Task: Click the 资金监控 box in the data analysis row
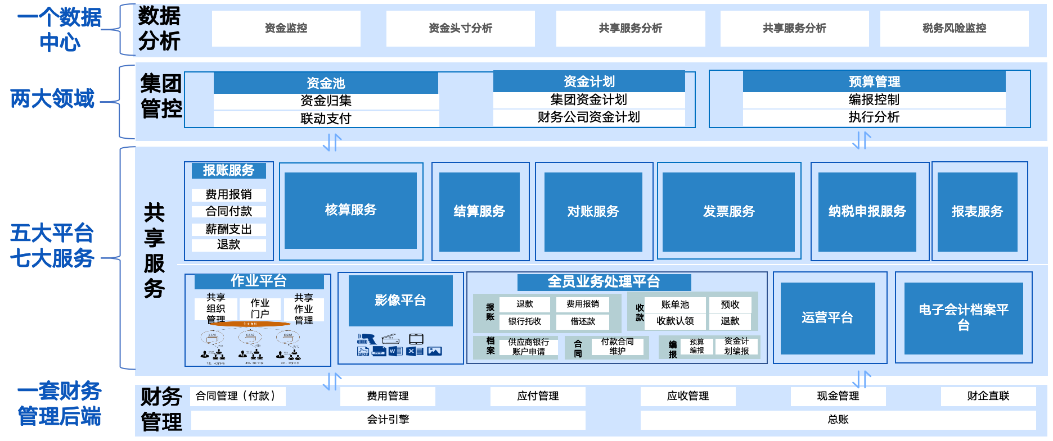(286, 28)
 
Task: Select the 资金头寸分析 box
(460, 28)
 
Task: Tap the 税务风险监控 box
(954, 28)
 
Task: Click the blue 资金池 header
(325, 83)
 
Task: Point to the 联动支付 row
(325, 119)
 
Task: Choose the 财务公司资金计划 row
(588, 117)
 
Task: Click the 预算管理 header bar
(874, 82)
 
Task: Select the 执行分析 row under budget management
(874, 117)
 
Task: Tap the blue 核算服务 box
(350, 210)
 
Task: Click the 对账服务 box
(593, 211)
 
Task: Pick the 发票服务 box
(728, 211)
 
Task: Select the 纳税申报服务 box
(867, 211)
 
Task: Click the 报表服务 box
(977, 211)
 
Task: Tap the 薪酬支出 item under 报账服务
(228, 229)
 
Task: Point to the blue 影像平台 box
(400, 301)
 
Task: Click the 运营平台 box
(827, 318)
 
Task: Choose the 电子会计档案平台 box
(963, 317)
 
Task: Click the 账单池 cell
(675, 304)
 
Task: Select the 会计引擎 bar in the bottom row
(388, 420)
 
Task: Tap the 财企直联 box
(988, 396)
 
